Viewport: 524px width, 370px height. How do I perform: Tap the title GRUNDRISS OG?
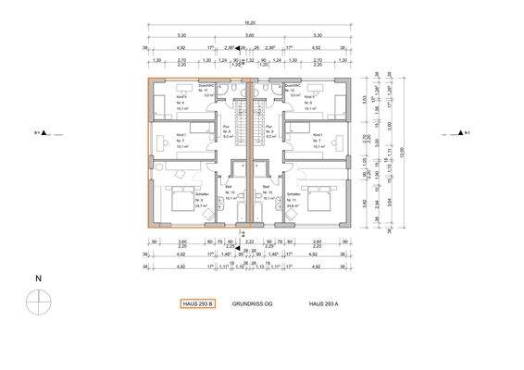click(255, 302)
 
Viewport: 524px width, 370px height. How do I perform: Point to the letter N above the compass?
click(38, 277)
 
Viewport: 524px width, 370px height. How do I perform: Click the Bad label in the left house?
click(228, 186)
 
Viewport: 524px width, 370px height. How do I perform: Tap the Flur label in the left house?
click(227, 128)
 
